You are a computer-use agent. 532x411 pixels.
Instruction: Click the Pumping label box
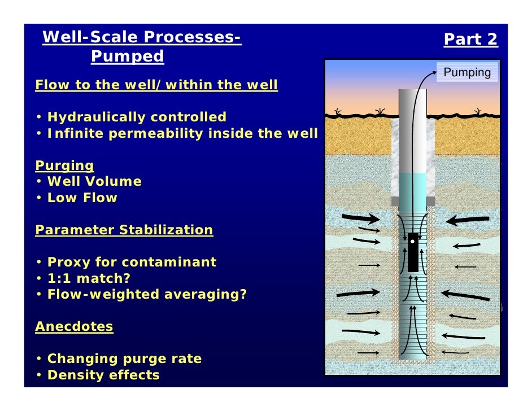coord(467,73)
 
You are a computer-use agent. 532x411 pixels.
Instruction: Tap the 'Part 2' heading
coord(470,40)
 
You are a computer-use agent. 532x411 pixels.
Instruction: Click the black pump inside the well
coord(413,252)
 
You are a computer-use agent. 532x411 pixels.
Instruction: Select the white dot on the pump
coord(413,241)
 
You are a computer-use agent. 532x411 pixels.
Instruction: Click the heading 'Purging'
coord(64,165)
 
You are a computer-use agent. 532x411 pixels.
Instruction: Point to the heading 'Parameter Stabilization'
coord(124,230)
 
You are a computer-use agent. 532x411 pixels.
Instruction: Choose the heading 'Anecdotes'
coord(74,326)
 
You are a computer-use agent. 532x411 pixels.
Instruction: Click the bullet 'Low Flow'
coord(82,198)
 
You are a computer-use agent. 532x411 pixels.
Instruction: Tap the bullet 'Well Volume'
coord(94,182)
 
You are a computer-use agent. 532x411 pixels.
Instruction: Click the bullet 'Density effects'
coord(103,375)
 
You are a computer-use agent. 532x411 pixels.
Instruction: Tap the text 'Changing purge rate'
coord(124,359)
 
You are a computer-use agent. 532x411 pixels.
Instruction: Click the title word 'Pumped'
coord(127,56)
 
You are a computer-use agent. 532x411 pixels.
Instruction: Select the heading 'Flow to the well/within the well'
coord(156,85)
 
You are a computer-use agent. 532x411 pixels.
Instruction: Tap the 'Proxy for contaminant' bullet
coord(132,263)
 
